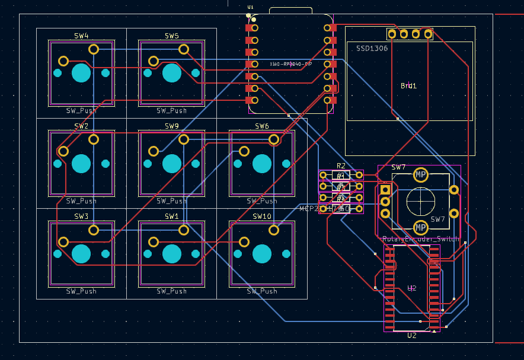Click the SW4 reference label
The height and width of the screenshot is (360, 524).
81,36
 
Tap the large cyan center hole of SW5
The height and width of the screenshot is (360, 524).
172,73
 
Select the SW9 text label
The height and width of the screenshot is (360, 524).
172,126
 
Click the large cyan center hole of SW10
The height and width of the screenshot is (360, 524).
262,254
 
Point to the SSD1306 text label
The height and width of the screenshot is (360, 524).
372,48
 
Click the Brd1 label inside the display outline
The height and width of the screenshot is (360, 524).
408,86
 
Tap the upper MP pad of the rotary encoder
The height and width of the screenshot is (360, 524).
420,174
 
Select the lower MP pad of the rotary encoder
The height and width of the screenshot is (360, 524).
420,228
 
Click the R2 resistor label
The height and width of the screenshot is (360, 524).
341,166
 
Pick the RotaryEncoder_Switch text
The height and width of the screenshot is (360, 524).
420,239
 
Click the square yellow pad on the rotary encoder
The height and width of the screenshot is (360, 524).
385,190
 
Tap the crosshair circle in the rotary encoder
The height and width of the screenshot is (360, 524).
420,201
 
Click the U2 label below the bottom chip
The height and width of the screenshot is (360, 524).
412,336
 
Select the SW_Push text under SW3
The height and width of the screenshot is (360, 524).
81,291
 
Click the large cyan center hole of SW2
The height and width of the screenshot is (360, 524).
81,163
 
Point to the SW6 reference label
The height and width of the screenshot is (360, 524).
262,126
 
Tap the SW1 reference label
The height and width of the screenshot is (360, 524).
172,216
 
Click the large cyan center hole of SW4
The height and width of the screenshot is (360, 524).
81,73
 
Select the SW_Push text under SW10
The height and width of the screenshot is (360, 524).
262,291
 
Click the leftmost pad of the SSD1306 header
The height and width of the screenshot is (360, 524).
392,34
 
